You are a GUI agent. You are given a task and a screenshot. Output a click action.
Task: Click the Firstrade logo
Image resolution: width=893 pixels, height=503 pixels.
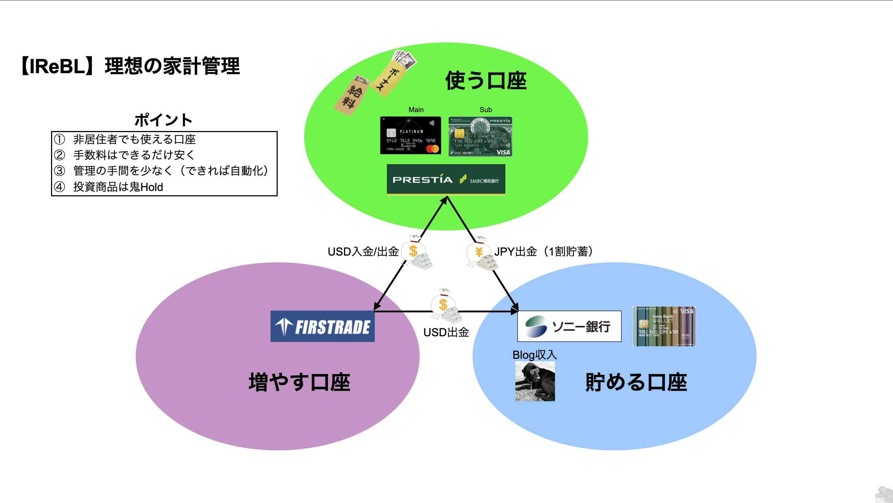coord(322,326)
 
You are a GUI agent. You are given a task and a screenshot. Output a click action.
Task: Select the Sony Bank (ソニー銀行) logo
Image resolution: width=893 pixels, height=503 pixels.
coord(569,326)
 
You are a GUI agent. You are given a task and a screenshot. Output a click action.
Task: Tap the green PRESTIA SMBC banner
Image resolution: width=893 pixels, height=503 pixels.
coord(446,180)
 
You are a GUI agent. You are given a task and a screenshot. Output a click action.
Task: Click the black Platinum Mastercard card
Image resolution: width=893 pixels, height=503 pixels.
coord(410,135)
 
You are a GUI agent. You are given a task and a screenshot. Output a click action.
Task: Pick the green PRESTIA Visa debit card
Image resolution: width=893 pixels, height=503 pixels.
coord(480,136)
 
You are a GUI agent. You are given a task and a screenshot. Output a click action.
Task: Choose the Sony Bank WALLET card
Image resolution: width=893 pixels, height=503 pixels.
coord(664,326)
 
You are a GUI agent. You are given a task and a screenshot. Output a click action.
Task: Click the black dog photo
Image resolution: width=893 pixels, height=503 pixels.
coord(535,381)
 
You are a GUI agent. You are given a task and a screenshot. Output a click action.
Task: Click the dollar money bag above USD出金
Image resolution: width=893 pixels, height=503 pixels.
coord(445,306)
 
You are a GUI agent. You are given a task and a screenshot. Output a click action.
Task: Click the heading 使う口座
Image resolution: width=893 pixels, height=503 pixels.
coord(486,81)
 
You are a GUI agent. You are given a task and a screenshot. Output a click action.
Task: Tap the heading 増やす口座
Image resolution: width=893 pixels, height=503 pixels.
coord(299,382)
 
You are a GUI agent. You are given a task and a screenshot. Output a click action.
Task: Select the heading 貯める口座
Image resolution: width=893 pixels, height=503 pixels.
coord(636,382)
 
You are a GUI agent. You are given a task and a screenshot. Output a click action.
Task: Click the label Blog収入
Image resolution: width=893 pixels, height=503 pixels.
coord(534,355)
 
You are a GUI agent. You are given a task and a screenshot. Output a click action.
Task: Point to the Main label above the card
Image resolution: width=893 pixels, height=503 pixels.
coord(416,110)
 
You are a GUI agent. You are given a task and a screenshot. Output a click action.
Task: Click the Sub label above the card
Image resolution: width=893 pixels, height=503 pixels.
coord(485,110)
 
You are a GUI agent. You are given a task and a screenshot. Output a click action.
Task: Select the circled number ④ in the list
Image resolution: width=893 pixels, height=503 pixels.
coord(60,187)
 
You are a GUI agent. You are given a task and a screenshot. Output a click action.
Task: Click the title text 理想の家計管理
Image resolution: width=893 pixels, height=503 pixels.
coord(172,66)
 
